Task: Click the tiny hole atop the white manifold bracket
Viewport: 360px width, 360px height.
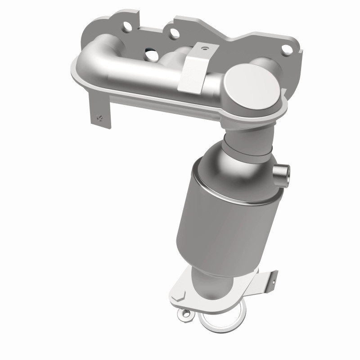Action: pyautogui.click(x=205, y=46)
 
